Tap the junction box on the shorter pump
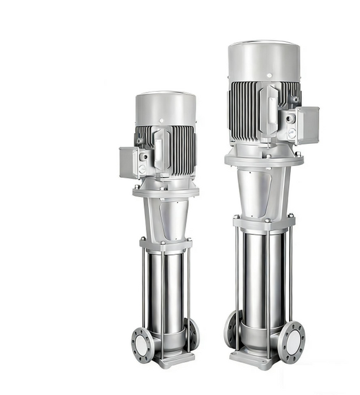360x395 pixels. [130, 162]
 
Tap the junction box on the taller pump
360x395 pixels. [307, 125]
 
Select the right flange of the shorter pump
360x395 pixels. [193, 333]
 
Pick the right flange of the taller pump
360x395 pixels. [291, 341]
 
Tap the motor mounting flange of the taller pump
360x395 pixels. [264, 160]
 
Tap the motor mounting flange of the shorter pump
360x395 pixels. [165, 192]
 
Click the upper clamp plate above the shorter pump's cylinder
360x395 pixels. [165, 244]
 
